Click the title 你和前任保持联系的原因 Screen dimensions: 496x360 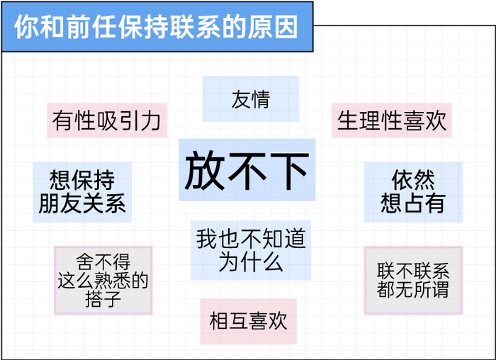click(x=156, y=26)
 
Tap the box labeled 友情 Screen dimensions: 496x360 click(x=251, y=99)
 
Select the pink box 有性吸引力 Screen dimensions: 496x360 click(x=107, y=120)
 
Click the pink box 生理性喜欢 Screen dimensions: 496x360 click(x=392, y=120)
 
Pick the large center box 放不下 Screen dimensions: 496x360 click(x=247, y=170)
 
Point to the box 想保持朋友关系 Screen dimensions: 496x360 click(x=82, y=192)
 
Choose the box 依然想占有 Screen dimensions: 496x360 click(x=413, y=192)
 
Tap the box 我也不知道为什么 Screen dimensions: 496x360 click(x=251, y=250)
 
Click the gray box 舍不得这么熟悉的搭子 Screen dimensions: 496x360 click(x=103, y=281)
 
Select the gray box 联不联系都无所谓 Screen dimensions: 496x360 click(x=413, y=281)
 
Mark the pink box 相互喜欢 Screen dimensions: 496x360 click(x=249, y=322)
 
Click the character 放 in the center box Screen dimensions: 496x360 click(x=203, y=170)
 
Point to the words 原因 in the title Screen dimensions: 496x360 click(x=273, y=26)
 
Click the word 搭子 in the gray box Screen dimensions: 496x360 click(x=103, y=299)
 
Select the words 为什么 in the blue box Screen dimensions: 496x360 click(x=251, y=262)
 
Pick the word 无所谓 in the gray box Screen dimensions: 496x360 click(x=422, y=289)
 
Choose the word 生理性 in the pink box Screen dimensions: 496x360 click(x=370, y=120)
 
